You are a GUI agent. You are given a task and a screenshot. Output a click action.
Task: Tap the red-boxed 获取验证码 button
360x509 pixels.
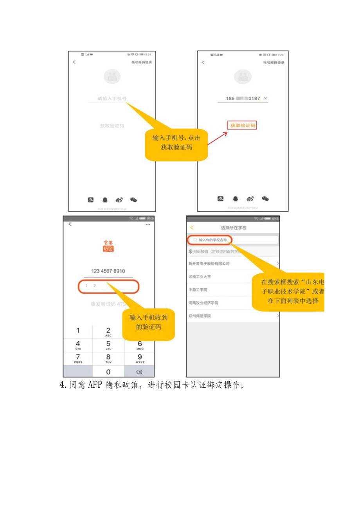[242, 126]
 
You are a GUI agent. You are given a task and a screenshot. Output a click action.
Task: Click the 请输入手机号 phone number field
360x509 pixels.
[112, 99]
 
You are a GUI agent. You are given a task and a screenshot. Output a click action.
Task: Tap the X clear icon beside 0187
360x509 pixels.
[266, 99]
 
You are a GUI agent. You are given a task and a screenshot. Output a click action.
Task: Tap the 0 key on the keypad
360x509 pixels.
[108, 372]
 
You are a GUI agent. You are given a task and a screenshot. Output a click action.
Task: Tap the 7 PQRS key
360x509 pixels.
[78, 358]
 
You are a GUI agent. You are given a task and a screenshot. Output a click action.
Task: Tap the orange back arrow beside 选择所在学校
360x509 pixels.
[192, 228]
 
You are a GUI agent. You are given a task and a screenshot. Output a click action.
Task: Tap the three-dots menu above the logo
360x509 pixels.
[148, 225]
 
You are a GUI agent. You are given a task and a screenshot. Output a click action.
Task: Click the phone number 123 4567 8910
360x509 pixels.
[108, 271]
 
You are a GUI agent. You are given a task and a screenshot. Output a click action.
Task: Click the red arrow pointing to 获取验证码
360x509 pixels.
[218, 138]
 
